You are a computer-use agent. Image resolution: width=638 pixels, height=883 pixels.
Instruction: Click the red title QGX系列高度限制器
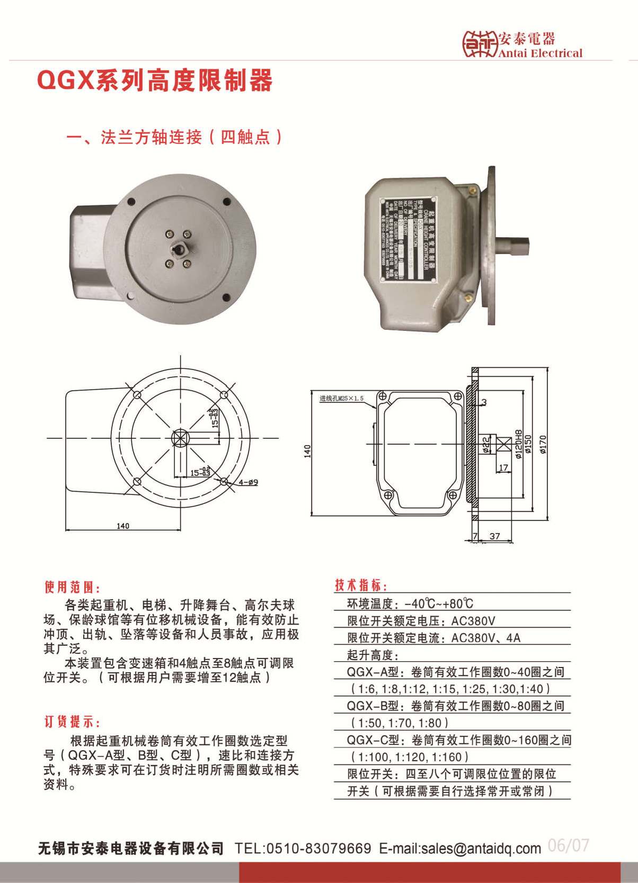[x=155, y=80]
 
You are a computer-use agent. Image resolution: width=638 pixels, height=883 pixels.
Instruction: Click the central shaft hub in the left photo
[x=179, y=249]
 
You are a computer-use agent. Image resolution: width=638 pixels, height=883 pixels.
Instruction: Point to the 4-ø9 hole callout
[x=248, y=482]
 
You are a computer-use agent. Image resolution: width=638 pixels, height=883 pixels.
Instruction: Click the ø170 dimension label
[x=543, y=445]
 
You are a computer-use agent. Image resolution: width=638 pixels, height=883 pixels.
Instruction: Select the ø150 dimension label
[x=527, y=446]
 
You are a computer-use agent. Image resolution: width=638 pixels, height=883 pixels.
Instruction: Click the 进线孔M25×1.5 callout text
[x=341, y=399]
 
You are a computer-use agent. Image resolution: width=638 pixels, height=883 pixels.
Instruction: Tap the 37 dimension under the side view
[x=494, y=536]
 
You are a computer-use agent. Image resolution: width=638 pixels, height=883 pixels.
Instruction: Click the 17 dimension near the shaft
[x=503, y=467]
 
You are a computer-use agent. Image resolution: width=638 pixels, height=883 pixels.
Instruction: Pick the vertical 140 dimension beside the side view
[x=307, y=451]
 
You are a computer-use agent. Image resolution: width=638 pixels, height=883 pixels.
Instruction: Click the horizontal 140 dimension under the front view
[x=123, y=526]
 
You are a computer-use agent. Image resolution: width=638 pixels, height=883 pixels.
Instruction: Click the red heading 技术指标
[x=361, y=585]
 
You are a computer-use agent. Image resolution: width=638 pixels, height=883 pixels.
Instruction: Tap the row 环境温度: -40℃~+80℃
[x=410, y=603]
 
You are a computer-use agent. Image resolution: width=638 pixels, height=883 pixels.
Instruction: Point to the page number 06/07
[x=568, y=845]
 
